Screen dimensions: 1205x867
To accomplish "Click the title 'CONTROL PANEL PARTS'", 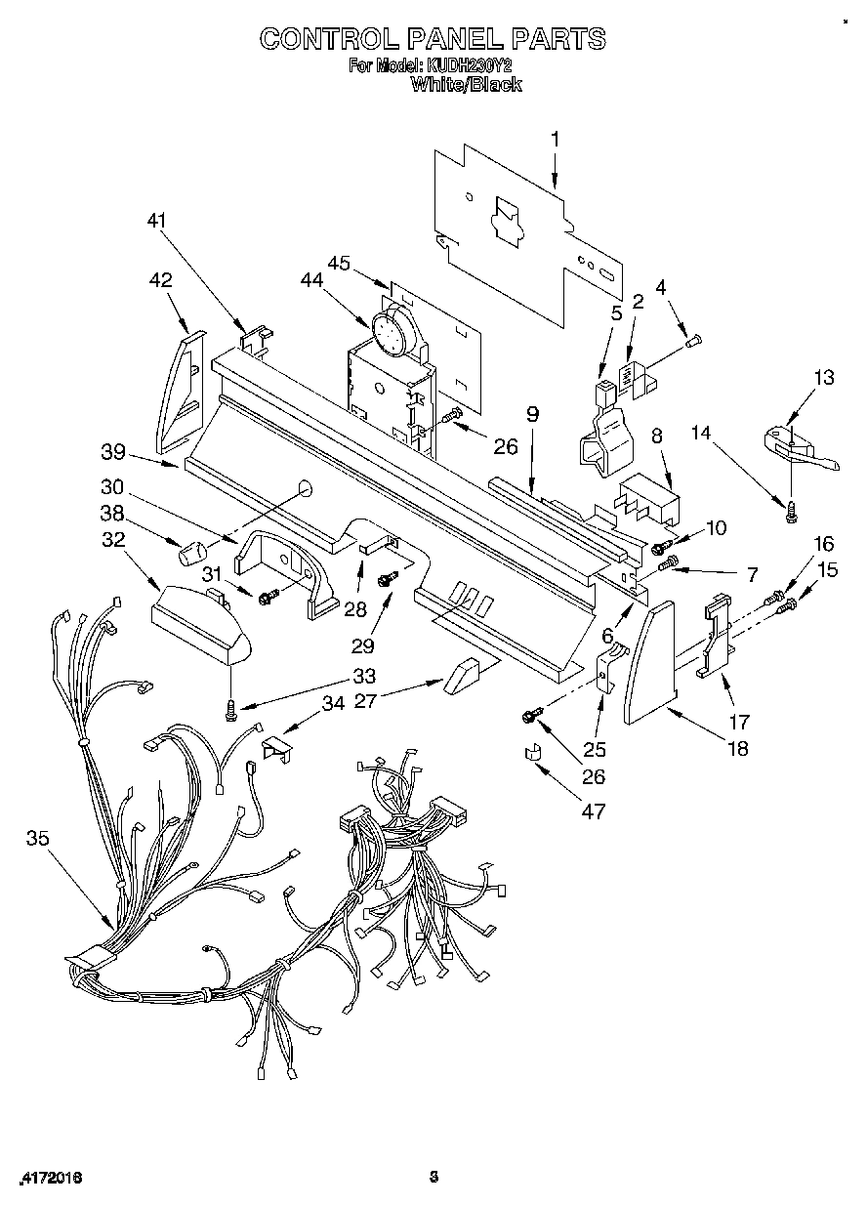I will [433, 38].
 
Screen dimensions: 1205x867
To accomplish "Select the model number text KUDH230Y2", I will [466, 66].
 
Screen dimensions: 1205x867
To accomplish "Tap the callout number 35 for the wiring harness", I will [38, 837].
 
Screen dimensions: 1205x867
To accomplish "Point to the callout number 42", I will [159, 280].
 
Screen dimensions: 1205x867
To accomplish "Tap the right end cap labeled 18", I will [649, 663].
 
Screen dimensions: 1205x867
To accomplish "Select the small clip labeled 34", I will [277, 750].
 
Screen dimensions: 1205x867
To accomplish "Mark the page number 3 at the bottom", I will [433, 1177].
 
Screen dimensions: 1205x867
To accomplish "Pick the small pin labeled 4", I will [694, 340].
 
